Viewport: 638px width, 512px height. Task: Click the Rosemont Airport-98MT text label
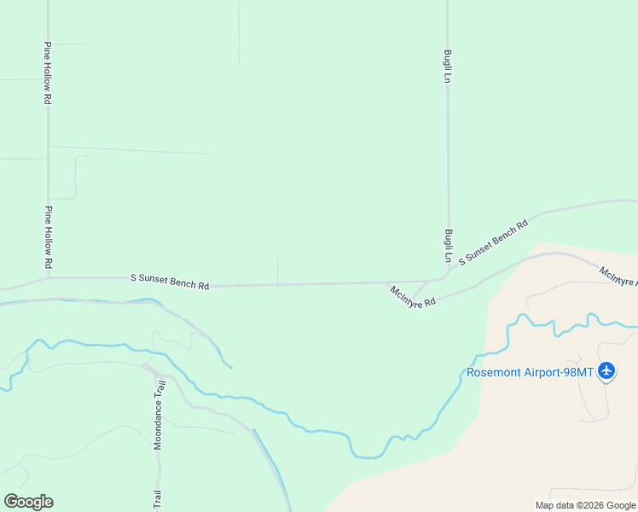coord(531,372)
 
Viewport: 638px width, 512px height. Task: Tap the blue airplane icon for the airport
coord(606,371)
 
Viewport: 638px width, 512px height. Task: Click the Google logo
coord(28,502)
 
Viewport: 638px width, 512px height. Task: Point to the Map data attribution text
coord(586,505)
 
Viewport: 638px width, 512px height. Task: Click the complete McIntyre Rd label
coord(413,296)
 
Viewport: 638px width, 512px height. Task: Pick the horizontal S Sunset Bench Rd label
coord(170,281)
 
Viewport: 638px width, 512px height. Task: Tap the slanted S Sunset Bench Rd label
coord(494,241)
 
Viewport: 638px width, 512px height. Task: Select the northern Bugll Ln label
coord(447,66)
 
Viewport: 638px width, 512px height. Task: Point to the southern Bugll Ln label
coord(447,245)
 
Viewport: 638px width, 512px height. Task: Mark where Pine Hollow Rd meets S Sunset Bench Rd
coord(49,276)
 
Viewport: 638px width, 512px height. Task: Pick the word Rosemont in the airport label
coord(492,372)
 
